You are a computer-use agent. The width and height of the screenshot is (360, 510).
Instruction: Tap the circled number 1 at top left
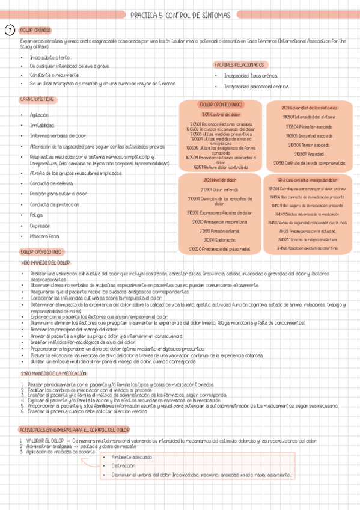point(10,30)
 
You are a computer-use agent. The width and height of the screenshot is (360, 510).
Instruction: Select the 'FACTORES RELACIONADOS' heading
point(239,64)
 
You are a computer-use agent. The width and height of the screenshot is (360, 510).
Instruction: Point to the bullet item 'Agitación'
point(39,114)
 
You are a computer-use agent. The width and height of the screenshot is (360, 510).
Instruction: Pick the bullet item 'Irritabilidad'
point(41,125)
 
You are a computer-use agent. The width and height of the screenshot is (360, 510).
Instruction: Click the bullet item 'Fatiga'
point(37,215)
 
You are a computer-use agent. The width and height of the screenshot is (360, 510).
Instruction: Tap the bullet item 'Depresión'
point(40,226)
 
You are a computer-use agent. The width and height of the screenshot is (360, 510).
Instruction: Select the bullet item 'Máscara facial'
point(44,236)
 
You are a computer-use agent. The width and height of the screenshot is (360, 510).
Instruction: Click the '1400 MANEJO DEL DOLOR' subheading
point(45,263)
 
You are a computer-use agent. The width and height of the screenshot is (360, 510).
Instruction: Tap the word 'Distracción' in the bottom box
point(124,465)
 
